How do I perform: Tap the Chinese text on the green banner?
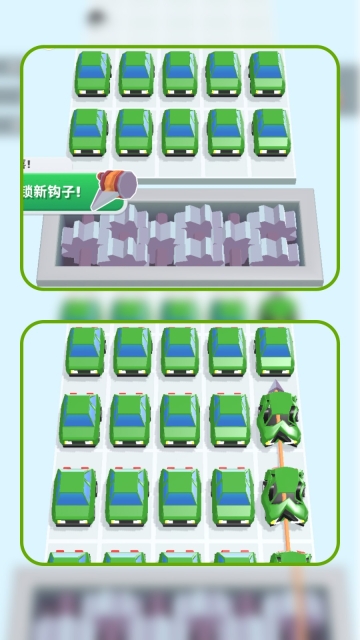54,191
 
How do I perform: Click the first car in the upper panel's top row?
92,74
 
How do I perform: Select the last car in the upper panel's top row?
267,74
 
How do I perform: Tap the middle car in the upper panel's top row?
180,74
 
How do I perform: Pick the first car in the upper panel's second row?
90,131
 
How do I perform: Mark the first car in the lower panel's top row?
87,351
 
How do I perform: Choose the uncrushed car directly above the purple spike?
273,351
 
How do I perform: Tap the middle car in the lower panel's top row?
180,351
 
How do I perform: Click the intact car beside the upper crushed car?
229,420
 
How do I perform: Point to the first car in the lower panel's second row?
82,420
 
